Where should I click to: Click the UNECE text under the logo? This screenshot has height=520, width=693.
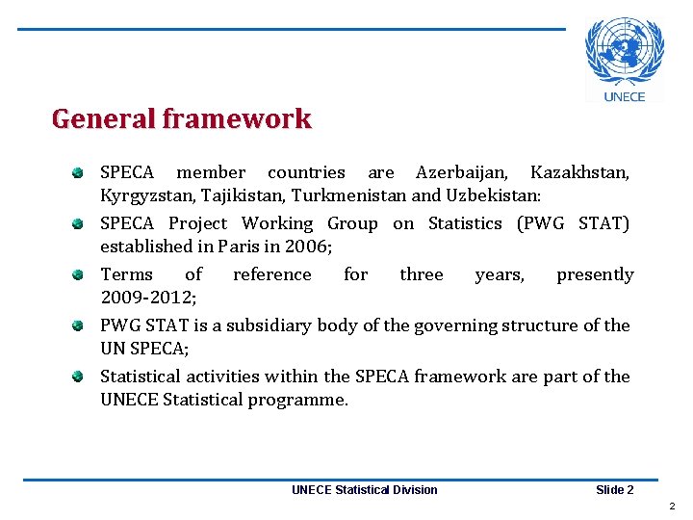point(625,95)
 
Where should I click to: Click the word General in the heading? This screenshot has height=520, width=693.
point(104,119)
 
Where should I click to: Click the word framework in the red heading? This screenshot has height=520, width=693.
point(237,119)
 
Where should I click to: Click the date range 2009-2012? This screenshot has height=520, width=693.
point(147,298)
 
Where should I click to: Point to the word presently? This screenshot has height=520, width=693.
point(595,275)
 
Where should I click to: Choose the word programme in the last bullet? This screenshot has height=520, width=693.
point(300,400)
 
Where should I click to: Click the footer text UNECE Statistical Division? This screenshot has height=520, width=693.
point(364,490)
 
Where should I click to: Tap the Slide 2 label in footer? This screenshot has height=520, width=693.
point(614,490)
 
